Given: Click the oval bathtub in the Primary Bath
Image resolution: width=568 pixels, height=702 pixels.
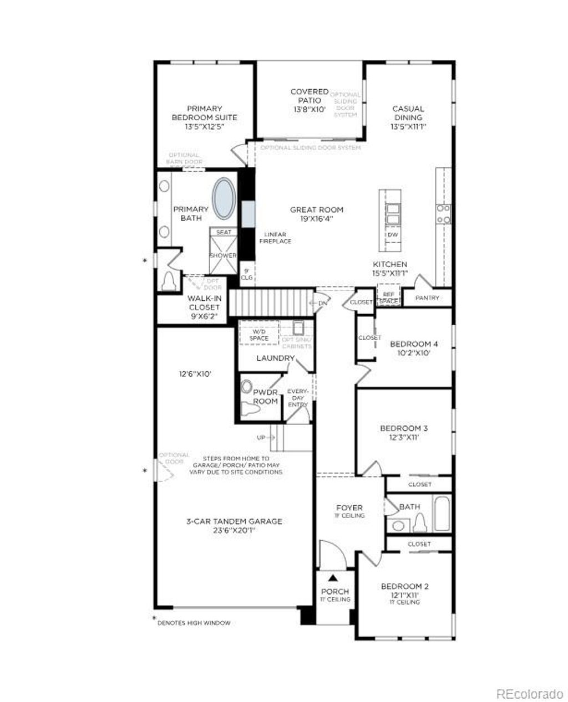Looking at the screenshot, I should [225, 198].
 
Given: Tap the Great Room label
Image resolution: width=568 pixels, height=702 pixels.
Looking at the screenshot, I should [317, 210].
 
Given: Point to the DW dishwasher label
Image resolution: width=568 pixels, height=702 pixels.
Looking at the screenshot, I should [393, 235].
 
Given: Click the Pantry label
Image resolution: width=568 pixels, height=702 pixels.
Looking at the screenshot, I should [427, 298].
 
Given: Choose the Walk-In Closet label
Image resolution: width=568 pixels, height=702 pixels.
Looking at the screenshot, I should [204, 303].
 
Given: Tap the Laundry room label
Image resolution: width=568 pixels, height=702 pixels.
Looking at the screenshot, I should [275, 358].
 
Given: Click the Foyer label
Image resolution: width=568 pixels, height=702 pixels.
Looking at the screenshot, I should [349, 508].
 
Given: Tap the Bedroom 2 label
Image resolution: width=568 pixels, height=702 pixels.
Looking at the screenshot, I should [404, 586].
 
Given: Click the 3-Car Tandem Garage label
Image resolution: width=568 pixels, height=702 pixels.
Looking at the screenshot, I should [234, 521].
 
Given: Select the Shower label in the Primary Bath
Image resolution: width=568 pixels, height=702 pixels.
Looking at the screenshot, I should [223, 255].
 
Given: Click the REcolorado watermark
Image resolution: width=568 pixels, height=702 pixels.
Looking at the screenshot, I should [529, 693].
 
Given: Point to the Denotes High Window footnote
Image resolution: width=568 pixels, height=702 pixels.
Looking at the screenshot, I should [194, 623].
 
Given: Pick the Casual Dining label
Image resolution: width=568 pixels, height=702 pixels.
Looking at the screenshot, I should [408, 113].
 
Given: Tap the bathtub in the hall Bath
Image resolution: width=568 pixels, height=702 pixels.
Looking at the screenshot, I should [442, 514].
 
